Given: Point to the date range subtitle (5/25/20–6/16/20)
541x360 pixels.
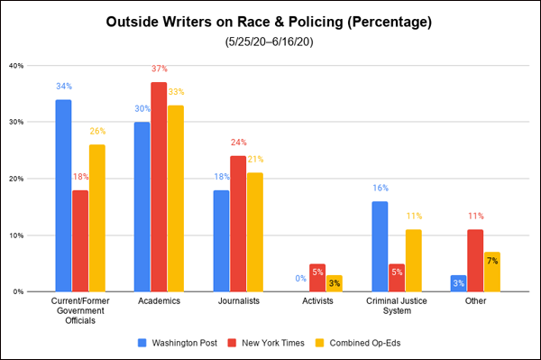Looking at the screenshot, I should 270,42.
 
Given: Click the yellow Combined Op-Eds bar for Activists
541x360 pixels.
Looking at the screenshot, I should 334,283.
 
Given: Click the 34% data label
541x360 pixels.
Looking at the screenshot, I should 63,88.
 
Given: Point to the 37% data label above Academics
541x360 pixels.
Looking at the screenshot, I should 158,69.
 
